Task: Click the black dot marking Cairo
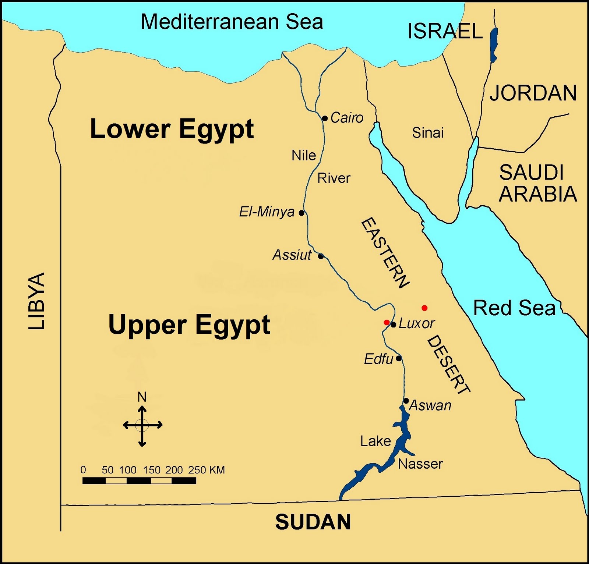[325, 118]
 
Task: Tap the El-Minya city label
[267, 212]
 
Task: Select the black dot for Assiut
[321, 256]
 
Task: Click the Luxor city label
[416, 323]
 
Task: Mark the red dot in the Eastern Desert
[424, 308]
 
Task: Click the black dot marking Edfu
[398, 358]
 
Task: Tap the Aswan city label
[430, 405]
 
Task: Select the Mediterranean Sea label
[232, 22]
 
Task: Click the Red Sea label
[514, 308]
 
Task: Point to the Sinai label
[428, 133]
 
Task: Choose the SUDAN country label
[313, 522]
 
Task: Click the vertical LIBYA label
[37, 301]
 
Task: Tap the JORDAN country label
[533, 93]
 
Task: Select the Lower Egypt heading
[172, 129]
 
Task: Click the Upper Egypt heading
[189, 325]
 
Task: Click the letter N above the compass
[142, 397]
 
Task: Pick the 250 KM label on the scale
[206, 470]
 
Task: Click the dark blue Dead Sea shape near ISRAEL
[494, 44]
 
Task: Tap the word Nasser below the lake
[420, 464]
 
